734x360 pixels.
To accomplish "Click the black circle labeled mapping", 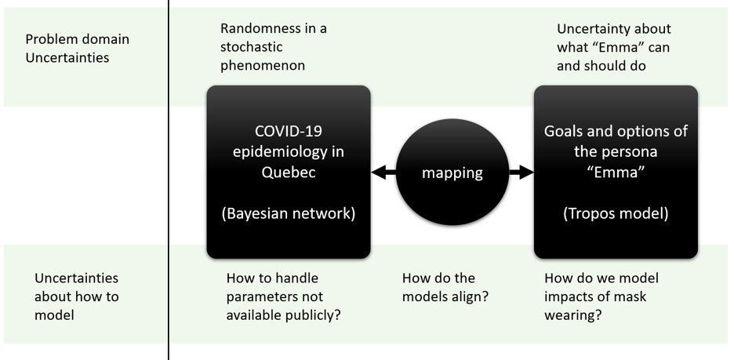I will pos(452,173).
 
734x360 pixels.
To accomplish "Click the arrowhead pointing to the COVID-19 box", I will pos(378,173).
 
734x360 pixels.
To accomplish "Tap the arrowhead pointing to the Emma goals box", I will pos(526,173).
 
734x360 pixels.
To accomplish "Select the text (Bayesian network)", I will pos(289,213).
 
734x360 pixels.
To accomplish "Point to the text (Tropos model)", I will pos(616,213).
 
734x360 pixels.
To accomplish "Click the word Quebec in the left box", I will pos(289,172).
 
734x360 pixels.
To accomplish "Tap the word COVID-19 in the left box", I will pos(289,131).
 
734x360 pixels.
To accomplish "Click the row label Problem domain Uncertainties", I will pos(77,48).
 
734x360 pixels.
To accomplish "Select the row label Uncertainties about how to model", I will pos(77,296).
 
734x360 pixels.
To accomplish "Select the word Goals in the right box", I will pos(565,131).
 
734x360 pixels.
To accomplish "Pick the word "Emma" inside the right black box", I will pos(616,172).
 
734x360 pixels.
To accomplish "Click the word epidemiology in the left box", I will pos(289,151).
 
